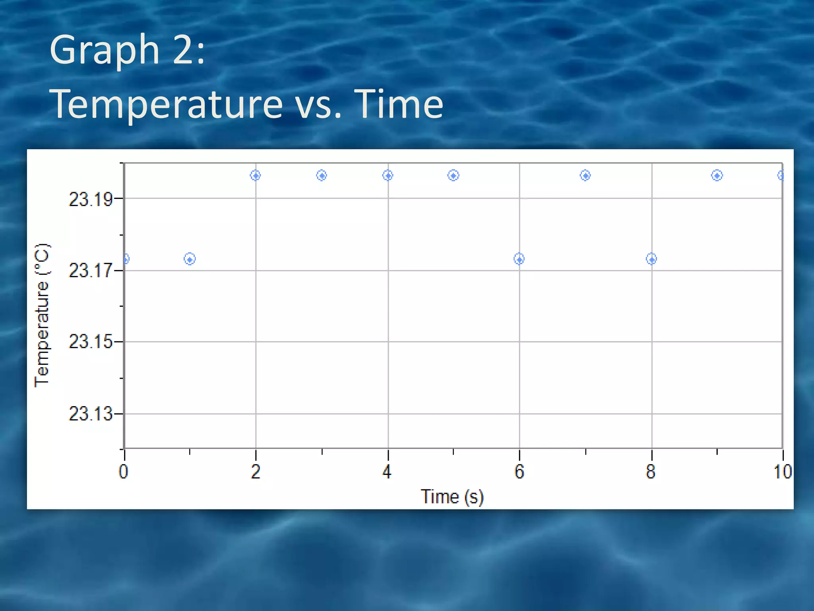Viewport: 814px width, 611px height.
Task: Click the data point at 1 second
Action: point(190,259)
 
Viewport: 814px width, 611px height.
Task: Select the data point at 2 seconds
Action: point(256,175)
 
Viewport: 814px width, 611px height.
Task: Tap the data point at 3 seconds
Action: point(322,175)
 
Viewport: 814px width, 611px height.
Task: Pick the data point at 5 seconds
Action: point(453,175)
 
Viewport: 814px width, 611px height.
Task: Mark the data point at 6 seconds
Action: point(519,259)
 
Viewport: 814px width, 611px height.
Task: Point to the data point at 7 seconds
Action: point(585,175)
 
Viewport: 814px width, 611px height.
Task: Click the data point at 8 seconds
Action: point(651,259)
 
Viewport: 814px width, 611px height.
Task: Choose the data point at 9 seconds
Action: point(717,175)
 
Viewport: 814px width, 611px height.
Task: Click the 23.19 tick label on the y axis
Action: point(91,199)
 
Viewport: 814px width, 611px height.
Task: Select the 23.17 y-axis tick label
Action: point(91,271)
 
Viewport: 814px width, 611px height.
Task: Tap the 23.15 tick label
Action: point(91,342)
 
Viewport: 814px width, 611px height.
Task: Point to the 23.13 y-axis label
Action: point(91,414)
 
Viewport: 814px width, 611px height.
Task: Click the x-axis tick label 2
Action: point(256,472)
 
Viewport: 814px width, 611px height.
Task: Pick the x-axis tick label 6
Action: point(519,472)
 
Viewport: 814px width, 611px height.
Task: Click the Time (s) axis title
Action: point(452,497)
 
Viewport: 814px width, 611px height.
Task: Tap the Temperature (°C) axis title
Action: point(42,315)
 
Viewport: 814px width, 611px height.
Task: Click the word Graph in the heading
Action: point(105,50)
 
